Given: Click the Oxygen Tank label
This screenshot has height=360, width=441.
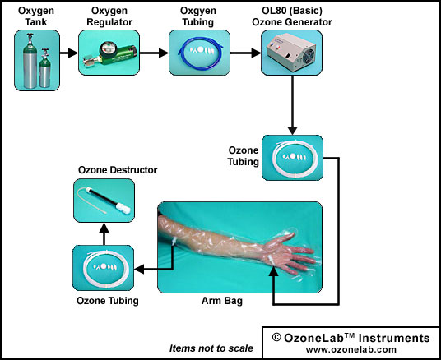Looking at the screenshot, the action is pyautogui.click(x=36, y=16).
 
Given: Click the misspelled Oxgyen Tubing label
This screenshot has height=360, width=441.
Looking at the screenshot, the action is pyautogui.click(x=198, y=16).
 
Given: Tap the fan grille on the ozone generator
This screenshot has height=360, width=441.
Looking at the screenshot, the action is pyautogui.click(x=309, y=56).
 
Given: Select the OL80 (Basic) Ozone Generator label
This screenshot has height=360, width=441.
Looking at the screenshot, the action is pyautogui.click(x=292, y=16).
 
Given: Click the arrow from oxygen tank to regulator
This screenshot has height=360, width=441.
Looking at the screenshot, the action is pyautogui.click(x=69, y=53).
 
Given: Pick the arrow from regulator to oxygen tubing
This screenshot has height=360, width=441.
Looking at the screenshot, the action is pyautogui.click(x=154, y=53).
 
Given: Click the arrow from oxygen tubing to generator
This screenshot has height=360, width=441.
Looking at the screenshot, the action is pyautogui.click(x=245, y=53).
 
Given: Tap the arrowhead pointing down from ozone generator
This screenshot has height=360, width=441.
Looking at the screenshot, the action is pyautogui.click(x=293, y=131).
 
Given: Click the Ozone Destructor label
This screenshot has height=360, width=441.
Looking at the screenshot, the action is pyautogui.click(x=118, y=170).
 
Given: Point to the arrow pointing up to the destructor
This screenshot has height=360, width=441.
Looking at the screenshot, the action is pyautogui.click(x=104, y=233).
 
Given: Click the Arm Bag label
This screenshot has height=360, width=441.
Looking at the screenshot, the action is pyautogui.click(x=222, y=301).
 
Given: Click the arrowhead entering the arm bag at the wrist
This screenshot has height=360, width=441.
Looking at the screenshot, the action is pyautogui.click(x=273, y=271).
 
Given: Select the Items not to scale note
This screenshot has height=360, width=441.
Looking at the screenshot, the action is pyautogui.click(x=211, y=348).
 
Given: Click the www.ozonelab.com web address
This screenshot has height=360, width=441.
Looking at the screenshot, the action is pyautogui.click(x=351, y=350).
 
